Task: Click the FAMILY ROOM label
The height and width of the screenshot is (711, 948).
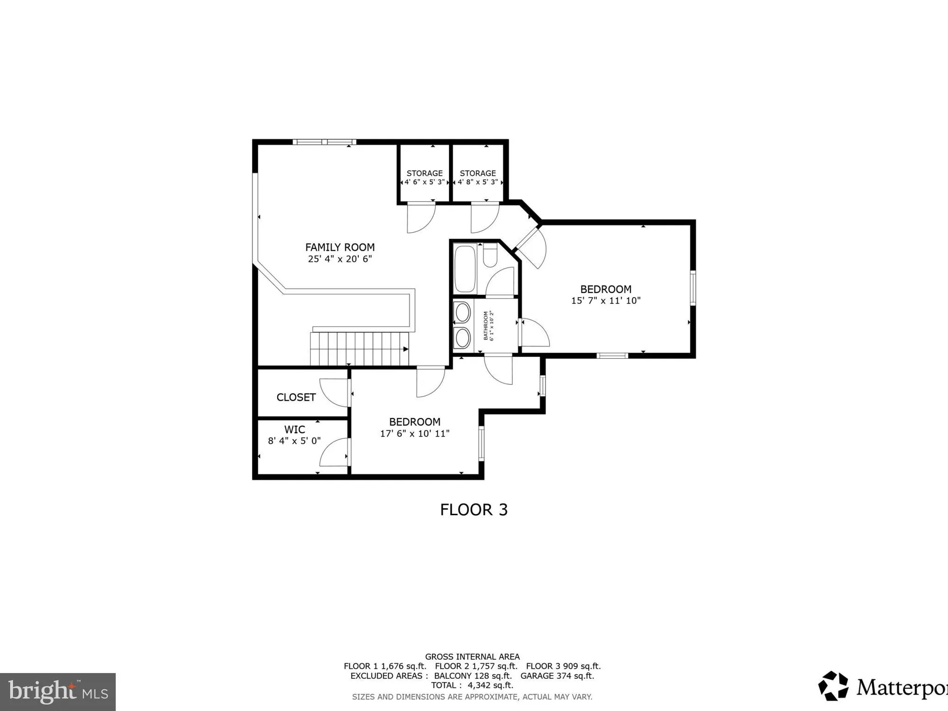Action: click(340, 247)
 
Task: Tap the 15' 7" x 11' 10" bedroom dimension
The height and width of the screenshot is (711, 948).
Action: click(606, 301)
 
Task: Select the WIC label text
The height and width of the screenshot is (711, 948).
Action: click(294, 429)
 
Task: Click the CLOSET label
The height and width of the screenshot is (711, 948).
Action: click(296, 397)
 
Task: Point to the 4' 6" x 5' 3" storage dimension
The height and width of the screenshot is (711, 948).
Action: click(424, 182)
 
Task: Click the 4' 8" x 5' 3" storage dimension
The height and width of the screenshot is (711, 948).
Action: click(478, 182)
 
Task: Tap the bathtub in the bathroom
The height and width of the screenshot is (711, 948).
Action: click(465, 269)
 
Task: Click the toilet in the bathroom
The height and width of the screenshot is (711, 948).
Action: click(490, 256)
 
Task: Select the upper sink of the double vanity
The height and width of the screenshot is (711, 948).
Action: click(463, 313)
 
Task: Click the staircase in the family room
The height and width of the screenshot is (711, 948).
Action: click(359, 348)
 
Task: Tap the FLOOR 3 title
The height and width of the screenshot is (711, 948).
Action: click(474, 510)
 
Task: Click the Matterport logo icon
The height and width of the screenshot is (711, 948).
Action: click(833, 686)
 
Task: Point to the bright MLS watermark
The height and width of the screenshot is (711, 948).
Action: click(57, 692)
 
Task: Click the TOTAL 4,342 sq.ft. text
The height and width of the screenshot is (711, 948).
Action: click(472, 685)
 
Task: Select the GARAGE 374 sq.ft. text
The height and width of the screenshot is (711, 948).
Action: click(557, 676)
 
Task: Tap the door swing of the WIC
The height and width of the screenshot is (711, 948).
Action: click(334, 453)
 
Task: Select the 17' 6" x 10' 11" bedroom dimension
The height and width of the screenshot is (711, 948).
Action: click(415, 433)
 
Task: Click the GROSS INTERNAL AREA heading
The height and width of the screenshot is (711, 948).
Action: click(472, 657)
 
